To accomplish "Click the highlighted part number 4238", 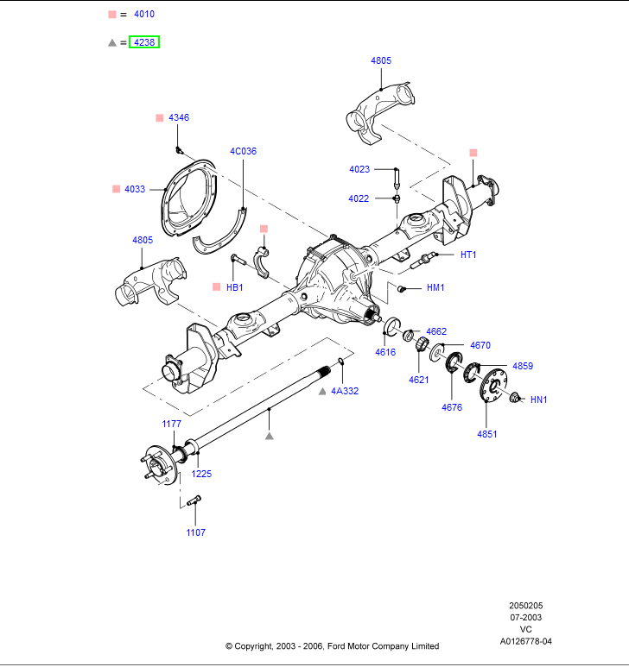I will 144,41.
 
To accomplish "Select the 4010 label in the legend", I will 144,15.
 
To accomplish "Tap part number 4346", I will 179,117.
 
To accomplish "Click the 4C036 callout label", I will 243,151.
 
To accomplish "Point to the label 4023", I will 359,169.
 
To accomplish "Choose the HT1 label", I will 468,255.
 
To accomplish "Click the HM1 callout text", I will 435,287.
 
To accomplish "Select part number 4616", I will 385,352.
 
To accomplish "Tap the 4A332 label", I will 345,391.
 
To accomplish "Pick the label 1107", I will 196,532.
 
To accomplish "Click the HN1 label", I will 539,400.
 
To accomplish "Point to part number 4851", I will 487,434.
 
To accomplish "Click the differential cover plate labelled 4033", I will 187,198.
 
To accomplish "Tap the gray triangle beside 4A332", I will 322,391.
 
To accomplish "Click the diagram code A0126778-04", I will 525,641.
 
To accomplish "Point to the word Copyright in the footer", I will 260,645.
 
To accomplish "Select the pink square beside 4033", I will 116,188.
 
